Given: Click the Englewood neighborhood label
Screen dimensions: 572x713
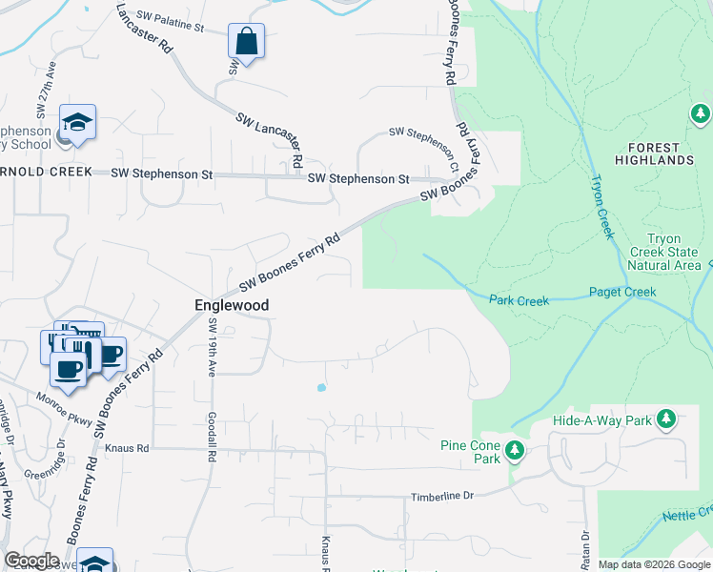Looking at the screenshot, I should coord(231,305).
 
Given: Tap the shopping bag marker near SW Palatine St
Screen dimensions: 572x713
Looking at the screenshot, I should coord(246,43).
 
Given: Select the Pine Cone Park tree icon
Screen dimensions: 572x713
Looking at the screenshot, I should coord(515,448).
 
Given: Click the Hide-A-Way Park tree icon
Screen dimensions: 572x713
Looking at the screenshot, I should coord(667,419).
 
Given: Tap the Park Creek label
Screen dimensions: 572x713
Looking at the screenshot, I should coord(519,300).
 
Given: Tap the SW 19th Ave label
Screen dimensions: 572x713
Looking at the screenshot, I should coord(212,347).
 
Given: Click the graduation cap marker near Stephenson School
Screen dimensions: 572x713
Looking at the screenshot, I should coord(77,122).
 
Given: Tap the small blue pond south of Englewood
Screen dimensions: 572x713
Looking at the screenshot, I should coord(320,388).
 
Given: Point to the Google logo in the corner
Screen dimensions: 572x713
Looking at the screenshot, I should coord(31,561).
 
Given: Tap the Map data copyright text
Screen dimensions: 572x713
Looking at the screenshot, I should coord(653,564).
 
